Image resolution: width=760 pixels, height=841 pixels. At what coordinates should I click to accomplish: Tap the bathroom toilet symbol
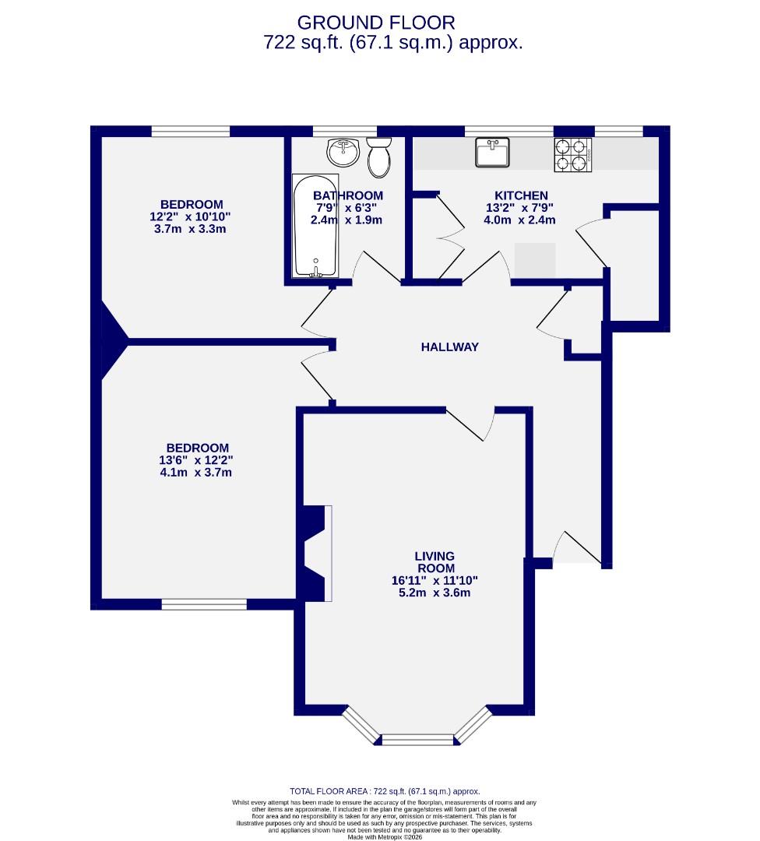(378, 158)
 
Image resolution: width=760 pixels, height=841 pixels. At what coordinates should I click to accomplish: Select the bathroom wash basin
(343, 153)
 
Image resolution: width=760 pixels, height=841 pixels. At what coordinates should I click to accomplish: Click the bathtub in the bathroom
(315, 226)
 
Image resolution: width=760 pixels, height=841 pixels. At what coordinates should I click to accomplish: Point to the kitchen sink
(492, 152)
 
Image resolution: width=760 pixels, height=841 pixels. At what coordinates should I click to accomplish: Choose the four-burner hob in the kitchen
(573, 154)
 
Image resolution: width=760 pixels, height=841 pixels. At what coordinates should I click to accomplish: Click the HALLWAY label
(449, 347)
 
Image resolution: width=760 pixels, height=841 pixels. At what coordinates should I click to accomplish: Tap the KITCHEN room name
(521, 195)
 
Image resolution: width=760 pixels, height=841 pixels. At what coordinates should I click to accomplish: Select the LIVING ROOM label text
(435, 562)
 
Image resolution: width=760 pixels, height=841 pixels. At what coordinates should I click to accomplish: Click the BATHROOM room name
(348, 195)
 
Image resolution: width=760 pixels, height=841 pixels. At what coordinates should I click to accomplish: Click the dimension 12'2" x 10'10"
(192, 217)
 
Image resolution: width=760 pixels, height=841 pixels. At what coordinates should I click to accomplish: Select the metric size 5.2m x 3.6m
(435, 593)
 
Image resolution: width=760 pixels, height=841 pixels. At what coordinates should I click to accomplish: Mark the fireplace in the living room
(317, 553)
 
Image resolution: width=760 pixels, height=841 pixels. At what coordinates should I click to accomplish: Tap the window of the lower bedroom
(204, 603)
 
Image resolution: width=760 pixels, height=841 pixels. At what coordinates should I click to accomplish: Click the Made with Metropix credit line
(385, 837)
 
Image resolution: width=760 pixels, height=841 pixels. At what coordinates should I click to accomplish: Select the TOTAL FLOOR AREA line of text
(385, 790)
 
